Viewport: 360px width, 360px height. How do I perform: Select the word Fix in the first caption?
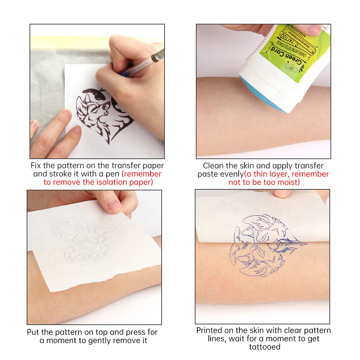click(x=37, y=166)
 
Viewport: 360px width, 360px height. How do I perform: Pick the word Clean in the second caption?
click(x=213, y=166)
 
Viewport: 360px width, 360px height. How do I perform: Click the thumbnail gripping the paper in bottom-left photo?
click(x=114, y=206)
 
